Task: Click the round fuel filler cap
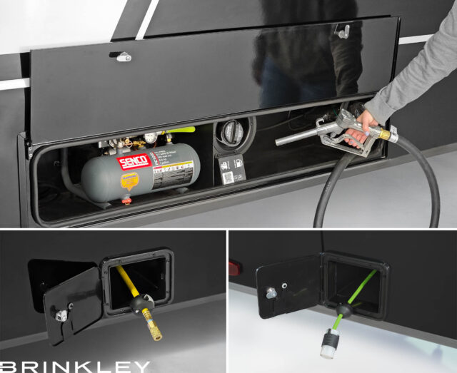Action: tap(232, 133)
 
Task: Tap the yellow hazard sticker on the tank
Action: tap(129, 183)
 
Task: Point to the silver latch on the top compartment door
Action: tap(124, 56)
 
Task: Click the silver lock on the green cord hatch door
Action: tap(272, 292)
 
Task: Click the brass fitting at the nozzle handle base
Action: tap(386, 134)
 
